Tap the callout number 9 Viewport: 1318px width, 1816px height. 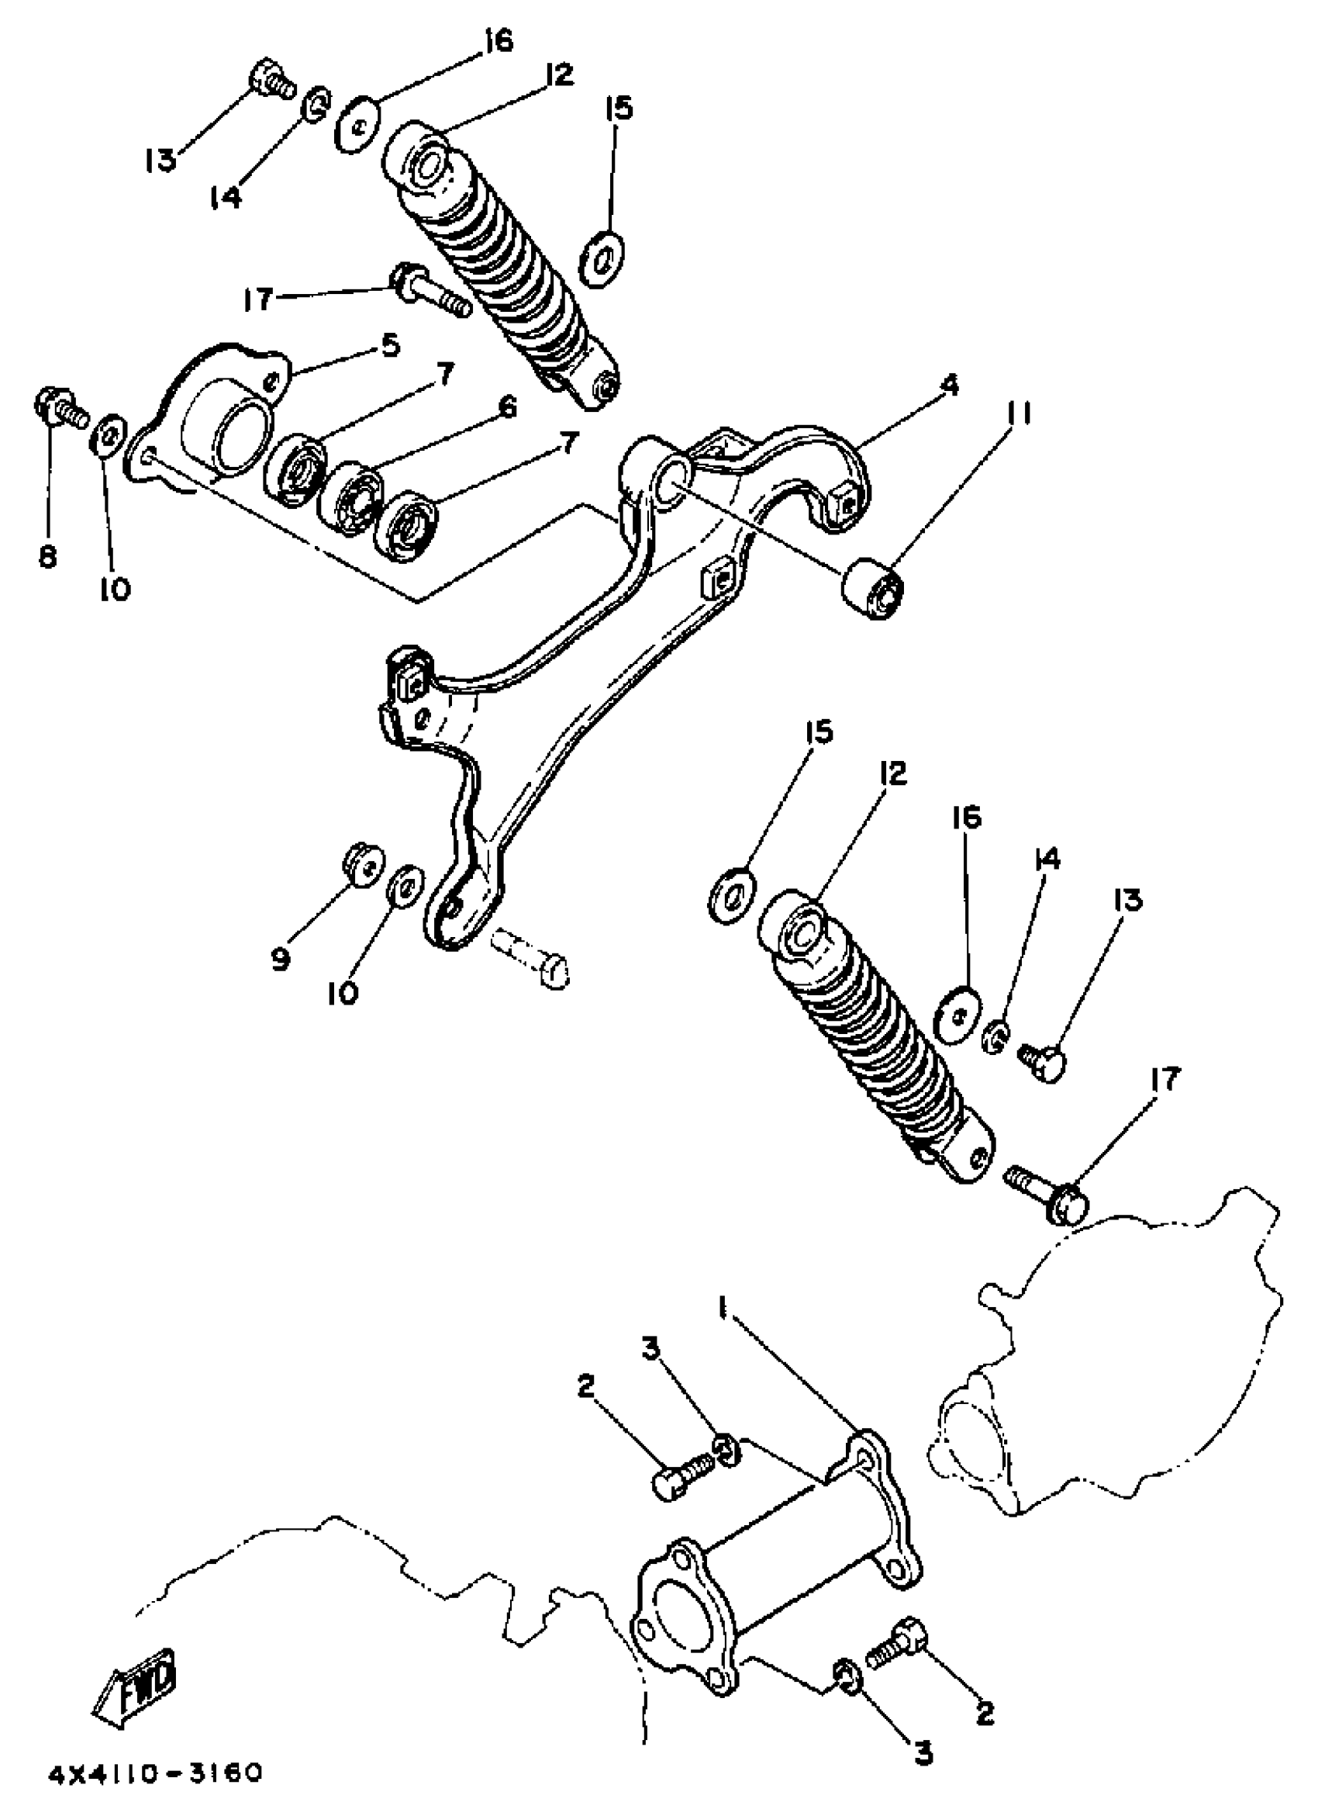pyautogui.click(x=280, y=960)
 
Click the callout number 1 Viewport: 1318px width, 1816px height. pyautogui.click(x=723, y=1310)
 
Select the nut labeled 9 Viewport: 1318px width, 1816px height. pyautogui.click(x=361, y=866)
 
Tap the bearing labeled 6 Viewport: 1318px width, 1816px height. pyautogui.click(x=352, y=500)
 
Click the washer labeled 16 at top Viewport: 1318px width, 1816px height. pyautogui.click(x=357, y=124)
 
